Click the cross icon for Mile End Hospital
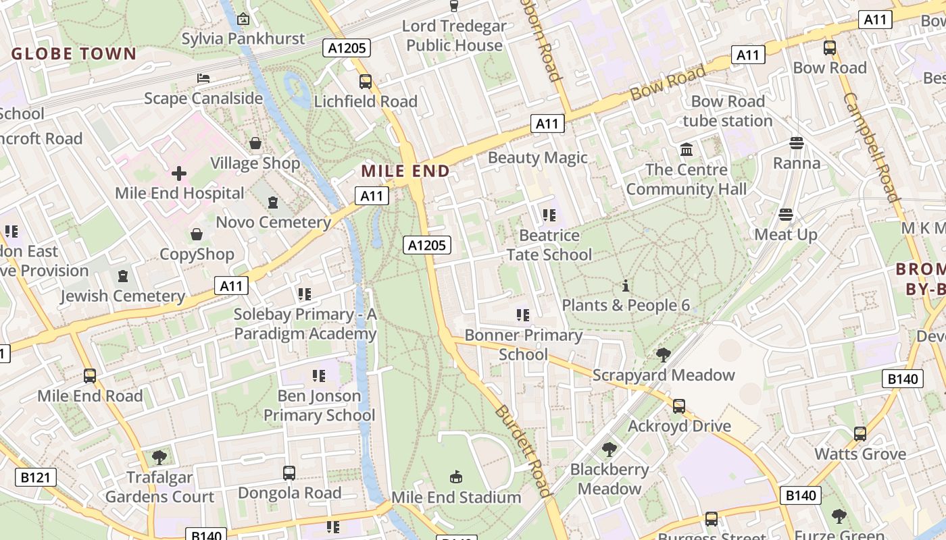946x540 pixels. [179, 174]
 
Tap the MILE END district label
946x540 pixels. [405, 171]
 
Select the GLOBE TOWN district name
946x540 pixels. [74, 54]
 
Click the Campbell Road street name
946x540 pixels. [871, 147]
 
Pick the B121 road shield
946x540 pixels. [36, 478]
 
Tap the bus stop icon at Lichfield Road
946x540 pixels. [366, 82]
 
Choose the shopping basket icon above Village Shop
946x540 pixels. [255, 143]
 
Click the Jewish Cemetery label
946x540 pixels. [122, 296]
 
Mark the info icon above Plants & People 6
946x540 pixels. [626, 286]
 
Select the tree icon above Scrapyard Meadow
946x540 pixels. [664, 355]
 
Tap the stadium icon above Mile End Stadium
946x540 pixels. [456, 477]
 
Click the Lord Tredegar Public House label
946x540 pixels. [454, 36]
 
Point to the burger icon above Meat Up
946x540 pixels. [785, 215]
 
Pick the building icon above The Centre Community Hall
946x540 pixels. [687, 149]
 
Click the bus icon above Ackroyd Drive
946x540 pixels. [679, 406]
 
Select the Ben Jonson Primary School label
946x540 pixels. [319, 405]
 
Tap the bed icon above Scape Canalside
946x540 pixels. [203, 78]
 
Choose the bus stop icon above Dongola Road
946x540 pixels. [289, 473]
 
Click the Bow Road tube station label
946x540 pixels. [727, 111]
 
